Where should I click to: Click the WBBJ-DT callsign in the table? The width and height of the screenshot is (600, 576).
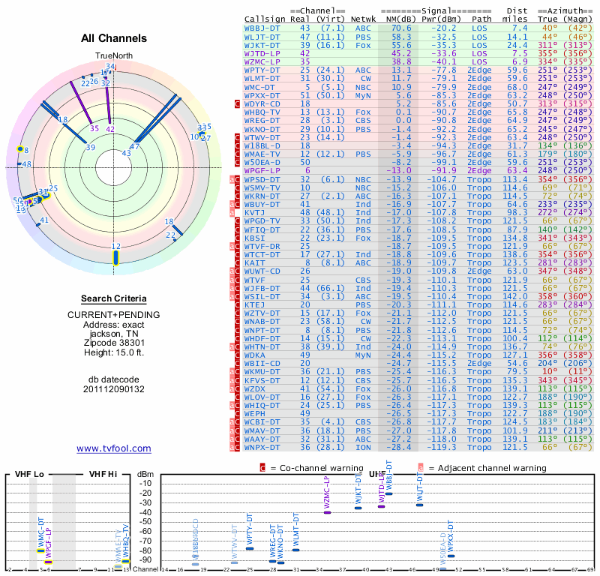262,28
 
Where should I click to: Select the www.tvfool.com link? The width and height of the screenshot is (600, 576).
114,448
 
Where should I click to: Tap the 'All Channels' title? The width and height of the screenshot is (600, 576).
114,38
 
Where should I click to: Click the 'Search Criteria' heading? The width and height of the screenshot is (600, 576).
114,298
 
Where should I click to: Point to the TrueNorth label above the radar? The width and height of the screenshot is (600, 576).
113,56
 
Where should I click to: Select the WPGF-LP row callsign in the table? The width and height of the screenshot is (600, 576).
262,170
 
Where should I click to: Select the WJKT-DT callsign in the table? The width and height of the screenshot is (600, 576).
262,44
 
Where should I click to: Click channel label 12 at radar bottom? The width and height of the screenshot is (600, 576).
115,246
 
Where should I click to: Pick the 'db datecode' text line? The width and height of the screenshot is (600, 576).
114,379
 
